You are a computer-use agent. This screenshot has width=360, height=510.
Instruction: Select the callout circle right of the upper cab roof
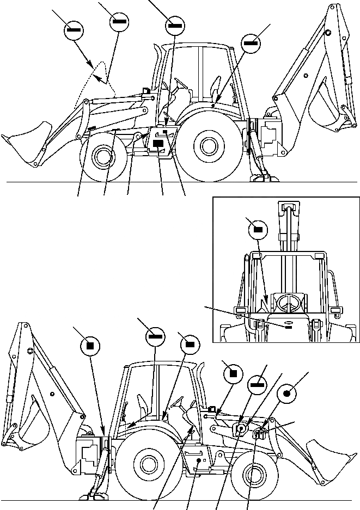[x=251, y=42]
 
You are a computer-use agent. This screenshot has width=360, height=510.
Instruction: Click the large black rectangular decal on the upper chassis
[x=158, y=143]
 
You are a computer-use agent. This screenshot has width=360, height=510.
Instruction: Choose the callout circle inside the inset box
[x=258, y=230]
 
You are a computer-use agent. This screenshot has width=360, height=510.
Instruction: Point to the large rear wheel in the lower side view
[x=145, y=464]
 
